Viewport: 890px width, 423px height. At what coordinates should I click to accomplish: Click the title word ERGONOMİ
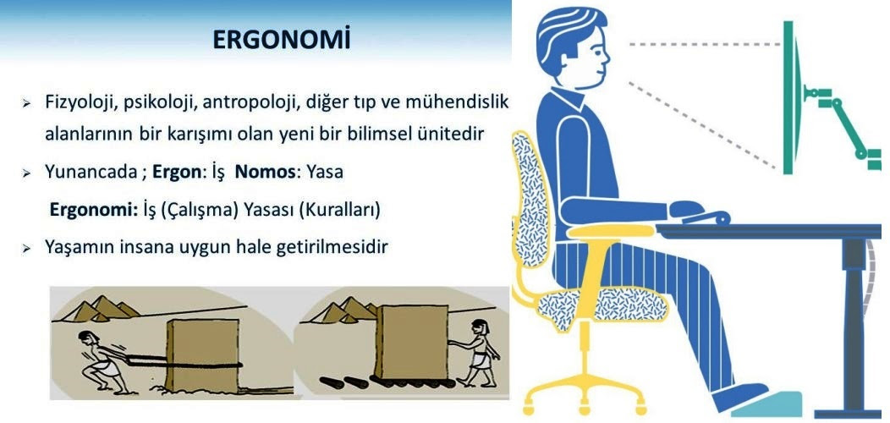click(x=282, y=40)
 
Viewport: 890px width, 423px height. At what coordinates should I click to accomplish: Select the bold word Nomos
click(x=265, y=172)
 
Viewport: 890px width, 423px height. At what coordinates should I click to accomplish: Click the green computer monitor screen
click(x=790, y=97)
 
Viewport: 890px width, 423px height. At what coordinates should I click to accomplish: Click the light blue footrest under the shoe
click(x=766, y=405)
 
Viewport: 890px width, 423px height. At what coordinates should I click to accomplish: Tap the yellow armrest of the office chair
click(x=611, y=230)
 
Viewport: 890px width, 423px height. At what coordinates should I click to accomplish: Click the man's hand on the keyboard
click(x=686, y=209)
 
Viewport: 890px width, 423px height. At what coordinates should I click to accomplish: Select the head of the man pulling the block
click(x=87, y=339)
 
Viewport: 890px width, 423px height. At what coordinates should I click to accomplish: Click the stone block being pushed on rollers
click(x=411, y=341)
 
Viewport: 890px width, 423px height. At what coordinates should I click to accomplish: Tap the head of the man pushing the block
click(x=479, y=327)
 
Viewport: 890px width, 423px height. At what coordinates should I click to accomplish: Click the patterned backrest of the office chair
click(x=530, y=199)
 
